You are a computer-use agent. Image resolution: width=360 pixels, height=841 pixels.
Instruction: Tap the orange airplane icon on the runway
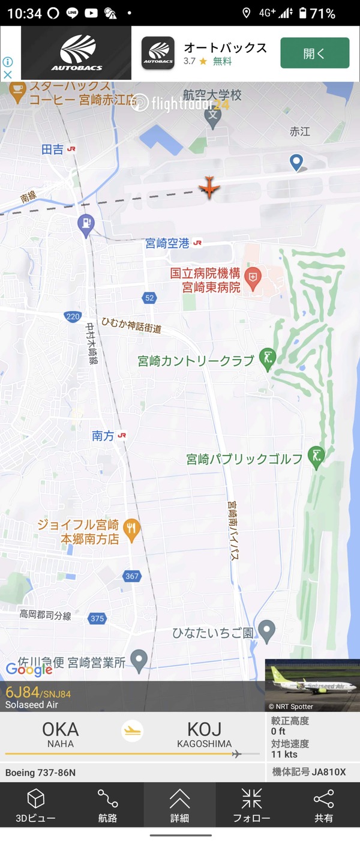209,187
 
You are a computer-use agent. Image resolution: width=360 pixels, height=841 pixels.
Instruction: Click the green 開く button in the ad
314,53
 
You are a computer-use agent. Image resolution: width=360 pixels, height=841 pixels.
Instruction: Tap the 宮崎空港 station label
167,243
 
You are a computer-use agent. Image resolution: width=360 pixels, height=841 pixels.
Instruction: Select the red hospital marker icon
254,278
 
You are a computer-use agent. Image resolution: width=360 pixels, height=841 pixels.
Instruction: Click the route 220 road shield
73,316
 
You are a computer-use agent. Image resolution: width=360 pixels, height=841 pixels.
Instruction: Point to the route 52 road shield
149,298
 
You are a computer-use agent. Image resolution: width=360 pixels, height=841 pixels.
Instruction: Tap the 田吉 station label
53,149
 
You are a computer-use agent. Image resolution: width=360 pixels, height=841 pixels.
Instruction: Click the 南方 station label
103,436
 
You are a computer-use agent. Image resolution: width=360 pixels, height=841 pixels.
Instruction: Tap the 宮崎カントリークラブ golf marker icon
267,359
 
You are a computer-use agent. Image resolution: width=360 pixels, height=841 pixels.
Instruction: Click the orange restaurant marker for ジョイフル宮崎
131,528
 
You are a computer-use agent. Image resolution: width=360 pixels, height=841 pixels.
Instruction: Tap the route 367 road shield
132,576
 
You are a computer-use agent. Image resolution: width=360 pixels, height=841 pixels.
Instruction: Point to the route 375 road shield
97,618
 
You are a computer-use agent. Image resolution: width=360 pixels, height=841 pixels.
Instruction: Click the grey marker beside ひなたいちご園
266,630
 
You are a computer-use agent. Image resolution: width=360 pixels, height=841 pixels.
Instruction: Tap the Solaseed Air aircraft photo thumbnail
312,686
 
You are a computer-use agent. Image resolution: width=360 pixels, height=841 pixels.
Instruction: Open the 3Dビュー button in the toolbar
36,805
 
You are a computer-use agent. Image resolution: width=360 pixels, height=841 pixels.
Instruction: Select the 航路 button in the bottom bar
108,805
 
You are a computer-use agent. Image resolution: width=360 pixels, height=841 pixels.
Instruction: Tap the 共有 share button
323,805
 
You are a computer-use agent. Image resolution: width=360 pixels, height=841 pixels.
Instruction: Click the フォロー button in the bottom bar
251,805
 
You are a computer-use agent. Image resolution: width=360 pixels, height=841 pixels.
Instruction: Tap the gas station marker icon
86,224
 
